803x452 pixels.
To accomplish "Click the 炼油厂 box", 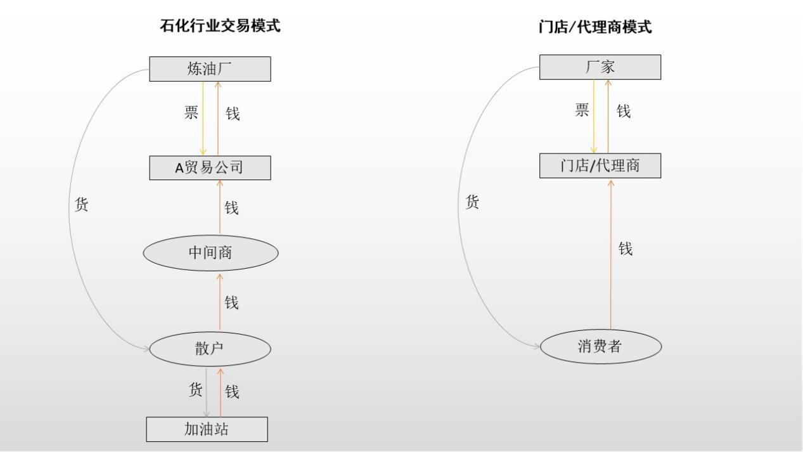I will (210, 69).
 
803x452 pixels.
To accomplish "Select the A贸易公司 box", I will (210, 167).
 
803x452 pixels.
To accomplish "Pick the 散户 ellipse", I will (210, 349).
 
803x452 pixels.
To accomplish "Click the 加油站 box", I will (207, 429).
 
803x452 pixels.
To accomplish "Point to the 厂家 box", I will (600, 67).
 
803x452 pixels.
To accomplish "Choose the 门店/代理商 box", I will (600, 166).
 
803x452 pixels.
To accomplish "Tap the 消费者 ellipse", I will (601, 346).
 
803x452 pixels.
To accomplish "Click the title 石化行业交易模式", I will (220, 26).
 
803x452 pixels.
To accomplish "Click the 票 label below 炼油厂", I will (191, 113).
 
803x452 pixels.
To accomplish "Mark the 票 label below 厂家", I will (582, 110).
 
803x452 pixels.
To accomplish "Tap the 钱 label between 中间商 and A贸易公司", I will (232, 207).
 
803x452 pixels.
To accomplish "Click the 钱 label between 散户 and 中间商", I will (232, 303).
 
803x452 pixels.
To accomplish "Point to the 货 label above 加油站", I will (196, 390).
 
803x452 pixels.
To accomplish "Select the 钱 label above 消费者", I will (626, 249).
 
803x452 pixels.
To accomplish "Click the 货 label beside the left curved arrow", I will (82, 205).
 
